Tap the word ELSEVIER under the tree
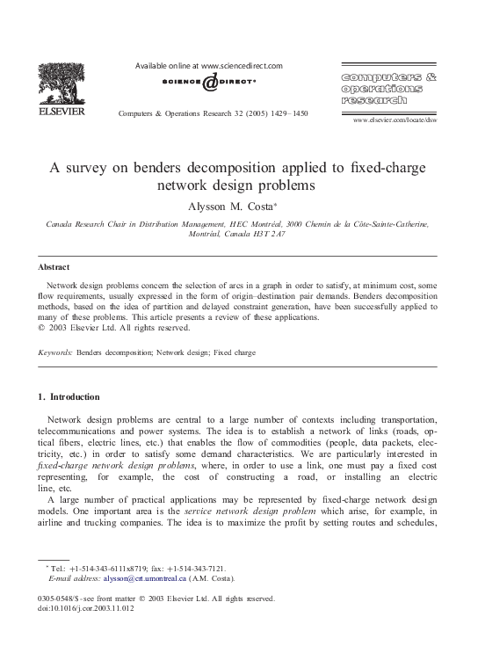[x=62, y=113]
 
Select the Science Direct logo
[x=210, y=83]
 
